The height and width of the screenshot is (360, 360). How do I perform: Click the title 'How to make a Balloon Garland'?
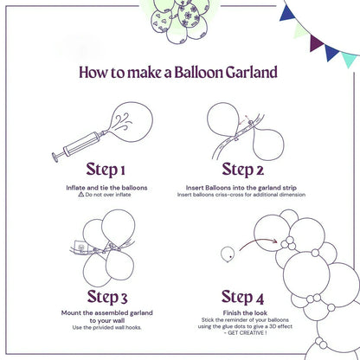(x=179, y=73)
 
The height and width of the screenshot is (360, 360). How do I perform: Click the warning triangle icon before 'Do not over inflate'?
(x=80, y=196)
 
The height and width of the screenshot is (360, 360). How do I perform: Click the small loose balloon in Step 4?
(x=228, y=254)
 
